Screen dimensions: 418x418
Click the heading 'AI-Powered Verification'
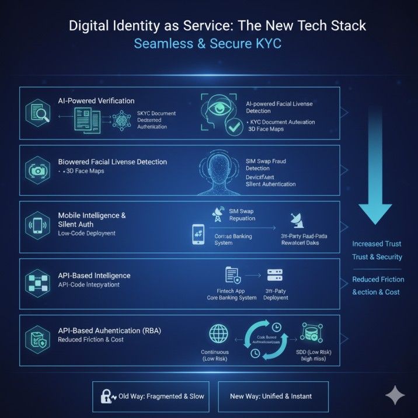96,101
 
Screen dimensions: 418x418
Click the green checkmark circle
235,128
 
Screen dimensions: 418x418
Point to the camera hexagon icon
36,170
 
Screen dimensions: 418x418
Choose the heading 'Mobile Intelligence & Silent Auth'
92,220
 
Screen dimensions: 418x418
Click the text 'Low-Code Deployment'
87,234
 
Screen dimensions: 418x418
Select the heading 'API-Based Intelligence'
94,276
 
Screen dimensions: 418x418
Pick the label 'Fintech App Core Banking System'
232,293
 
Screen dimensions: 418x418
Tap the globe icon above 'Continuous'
218,334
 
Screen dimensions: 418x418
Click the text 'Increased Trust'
376,244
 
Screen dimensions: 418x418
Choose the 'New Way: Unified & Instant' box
271,396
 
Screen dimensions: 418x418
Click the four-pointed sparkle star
395,395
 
